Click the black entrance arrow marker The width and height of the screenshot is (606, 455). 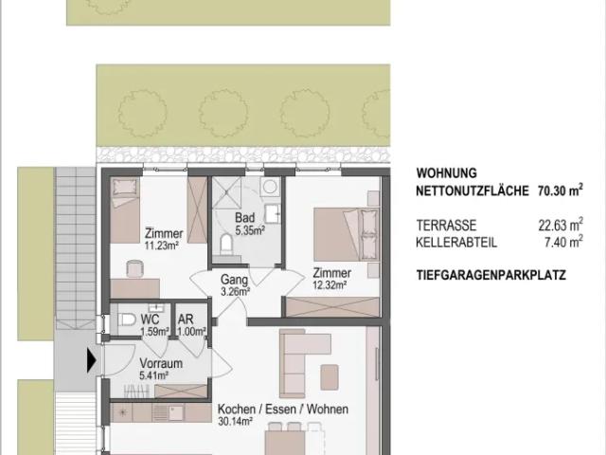point(91,360)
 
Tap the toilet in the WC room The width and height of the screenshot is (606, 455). point(125,319)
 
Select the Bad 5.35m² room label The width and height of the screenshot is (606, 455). point(250,224)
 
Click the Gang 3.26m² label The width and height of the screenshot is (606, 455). point(235,285)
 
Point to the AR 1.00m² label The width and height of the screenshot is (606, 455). point(191,325)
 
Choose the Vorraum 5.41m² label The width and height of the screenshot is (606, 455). point(161,369)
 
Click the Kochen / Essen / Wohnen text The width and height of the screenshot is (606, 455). point(282,409)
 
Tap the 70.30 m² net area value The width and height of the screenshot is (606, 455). point(560,191)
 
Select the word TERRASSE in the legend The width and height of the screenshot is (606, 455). point(446,226)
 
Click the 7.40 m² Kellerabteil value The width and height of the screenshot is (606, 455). point(563,243)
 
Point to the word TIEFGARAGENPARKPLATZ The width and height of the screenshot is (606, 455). point(491,275)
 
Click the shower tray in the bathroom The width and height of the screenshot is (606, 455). point(227,192)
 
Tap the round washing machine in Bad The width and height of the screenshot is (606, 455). point(270,187)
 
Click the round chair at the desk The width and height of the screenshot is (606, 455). point(134,268)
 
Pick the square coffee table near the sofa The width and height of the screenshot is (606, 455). point(330,377)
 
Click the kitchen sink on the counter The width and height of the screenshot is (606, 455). point(176,413)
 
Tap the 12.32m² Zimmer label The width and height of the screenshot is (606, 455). point(332,279)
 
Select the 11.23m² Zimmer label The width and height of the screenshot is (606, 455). point(164,239)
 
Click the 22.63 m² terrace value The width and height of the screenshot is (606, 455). point(561,225)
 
